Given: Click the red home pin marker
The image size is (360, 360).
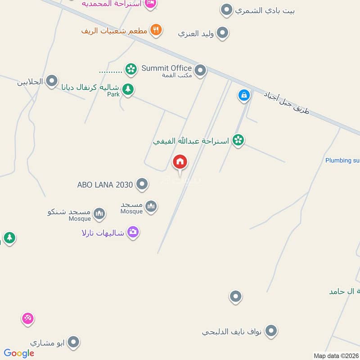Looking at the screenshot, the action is point(180,162).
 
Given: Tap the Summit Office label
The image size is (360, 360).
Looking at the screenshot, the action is point(166,68).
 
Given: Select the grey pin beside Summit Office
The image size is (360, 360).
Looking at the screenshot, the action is point(200,70).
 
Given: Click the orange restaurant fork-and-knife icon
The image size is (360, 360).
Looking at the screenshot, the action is point(156,30).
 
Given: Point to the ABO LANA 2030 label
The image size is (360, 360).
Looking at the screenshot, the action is point(105,184).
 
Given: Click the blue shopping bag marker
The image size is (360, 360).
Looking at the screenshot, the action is point(243,95).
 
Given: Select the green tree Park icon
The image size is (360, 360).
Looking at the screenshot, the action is point(128,89).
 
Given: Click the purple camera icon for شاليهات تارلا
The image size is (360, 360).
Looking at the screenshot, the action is point(133,232).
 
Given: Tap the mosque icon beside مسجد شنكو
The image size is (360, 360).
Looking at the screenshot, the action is point(99,213).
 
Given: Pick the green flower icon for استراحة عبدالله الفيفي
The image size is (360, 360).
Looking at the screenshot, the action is point(238,140).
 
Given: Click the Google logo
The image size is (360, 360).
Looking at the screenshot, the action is point(19,353).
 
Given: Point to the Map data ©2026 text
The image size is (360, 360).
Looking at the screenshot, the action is point(336,356).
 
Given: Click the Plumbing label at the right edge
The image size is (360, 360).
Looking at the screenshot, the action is point(342,160).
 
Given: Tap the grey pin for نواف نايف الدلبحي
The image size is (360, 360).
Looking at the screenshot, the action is point(270,331).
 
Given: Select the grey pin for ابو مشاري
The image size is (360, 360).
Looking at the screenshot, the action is point(73,342).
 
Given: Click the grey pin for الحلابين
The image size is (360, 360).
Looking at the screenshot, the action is point(52,81).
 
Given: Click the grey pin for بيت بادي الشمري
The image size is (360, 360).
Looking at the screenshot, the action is point(227,9).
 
